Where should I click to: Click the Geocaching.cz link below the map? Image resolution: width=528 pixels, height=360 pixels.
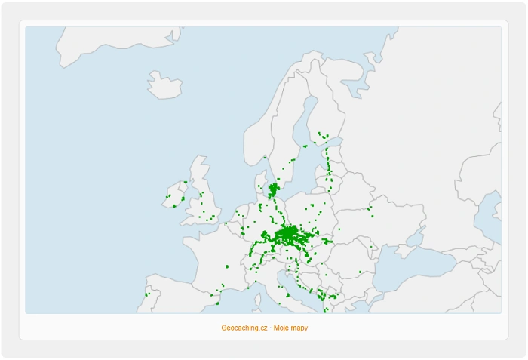click(x=244, y=328)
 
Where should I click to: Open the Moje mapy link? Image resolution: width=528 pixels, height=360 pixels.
click(x=291, y=328)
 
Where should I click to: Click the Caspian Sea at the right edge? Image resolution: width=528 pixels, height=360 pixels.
click(x=490, y=219)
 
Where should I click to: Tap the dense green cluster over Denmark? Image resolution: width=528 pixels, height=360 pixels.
click(x=273, y=189)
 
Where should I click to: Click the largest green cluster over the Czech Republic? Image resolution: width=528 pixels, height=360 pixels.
click(x=289, y=235)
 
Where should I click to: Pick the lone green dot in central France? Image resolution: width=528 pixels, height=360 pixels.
click(x=226, y=266)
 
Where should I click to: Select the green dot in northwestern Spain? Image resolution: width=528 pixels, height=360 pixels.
click(x=147, y=294)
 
